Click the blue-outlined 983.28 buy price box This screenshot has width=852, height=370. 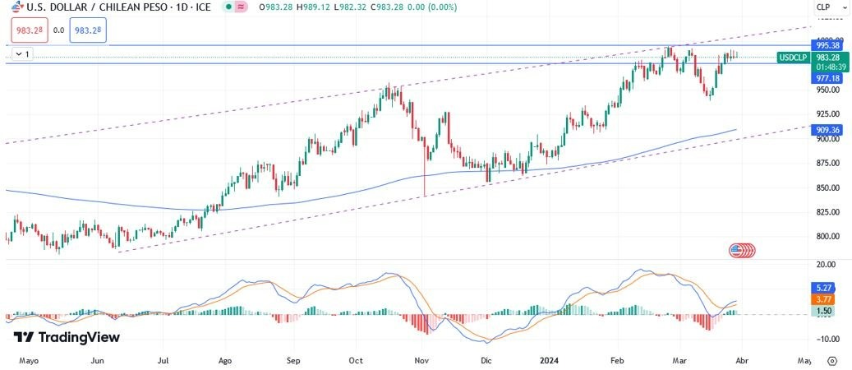pyautogui.click(x=87, y=30)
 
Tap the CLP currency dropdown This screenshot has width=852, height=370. pyautogui.click(x=825, y=7)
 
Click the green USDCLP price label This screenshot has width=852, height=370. pyautogui.click(x=793, y=58)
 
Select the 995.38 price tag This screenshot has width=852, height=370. pyautogui.click(x=825, y=45)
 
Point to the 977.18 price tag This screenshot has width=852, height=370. pyautogui.click(x=825, y=78)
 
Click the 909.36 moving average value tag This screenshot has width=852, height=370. pyautogui.click(x=825, y=130)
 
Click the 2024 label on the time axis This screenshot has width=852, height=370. pyautogui.click(x=550, y=360)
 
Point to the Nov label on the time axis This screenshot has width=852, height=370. pyautogui.click(x=422, y=360)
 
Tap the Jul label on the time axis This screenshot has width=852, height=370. pyautogui.click(x=163, y=360)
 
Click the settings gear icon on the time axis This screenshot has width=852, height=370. pyautogui.click(x=832, y=360)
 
